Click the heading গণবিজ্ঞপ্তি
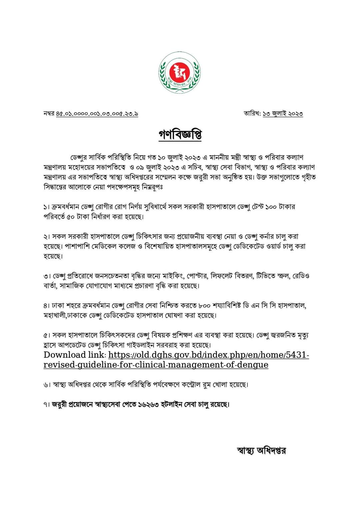pyautogui.click(x=180, y=135)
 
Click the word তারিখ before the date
pyautogui.click(x=252, y=114)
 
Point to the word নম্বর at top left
pyautogui.click(x=49, y=114)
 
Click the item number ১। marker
pyautogui.click(x=47, y=207)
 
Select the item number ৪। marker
pyautogui.click(x=47, y=305)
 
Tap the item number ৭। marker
pyautogui.click(x=47, y=404)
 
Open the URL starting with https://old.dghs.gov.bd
pyautogui.click(x=209, y=355)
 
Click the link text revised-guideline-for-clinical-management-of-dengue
pyautogui.click(x=156, y=365)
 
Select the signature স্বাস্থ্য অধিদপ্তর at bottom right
pyautogui.click(x=261, y=451)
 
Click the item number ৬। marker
pyautogui.click(x=47, y=385)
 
